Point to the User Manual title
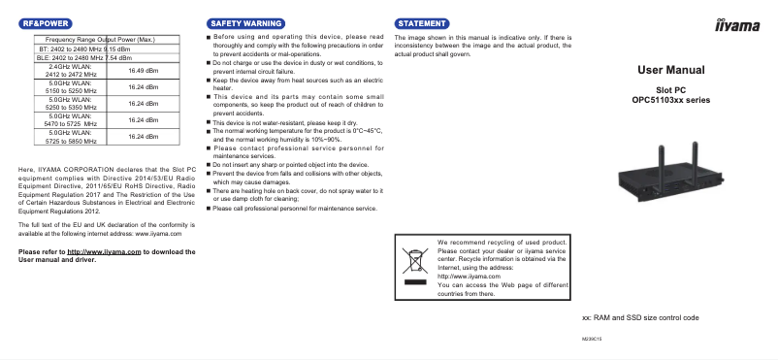[x=678, y=70]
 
